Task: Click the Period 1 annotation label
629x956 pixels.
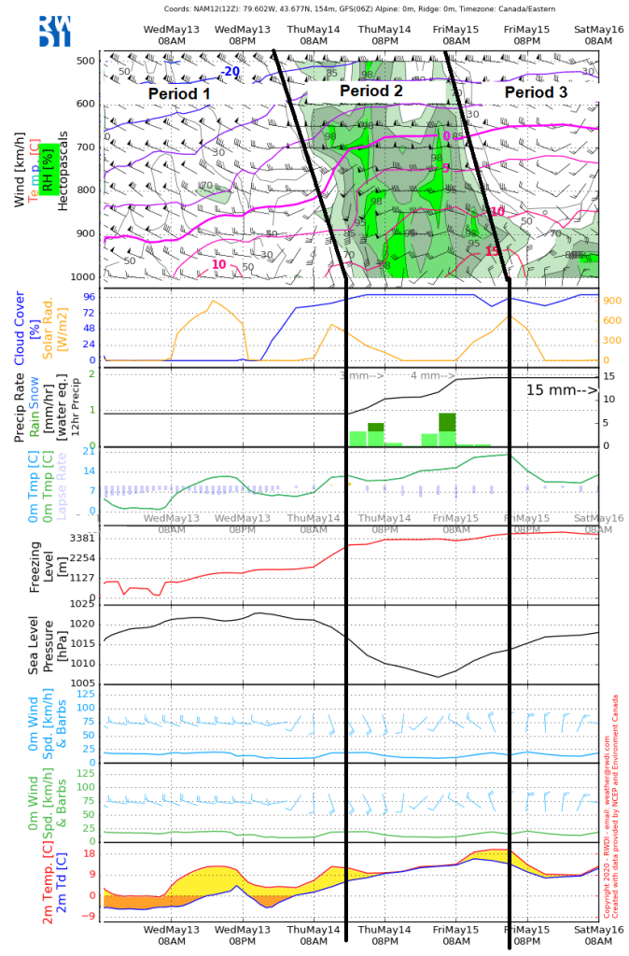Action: pos(179,94)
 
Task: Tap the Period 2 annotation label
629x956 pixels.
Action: pos(370,91)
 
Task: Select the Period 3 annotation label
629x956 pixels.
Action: pos(535,93)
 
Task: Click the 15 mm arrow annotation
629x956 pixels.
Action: pos(561,390)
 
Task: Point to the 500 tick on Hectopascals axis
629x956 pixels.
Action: pos(85,62)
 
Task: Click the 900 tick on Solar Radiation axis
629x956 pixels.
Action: pos(611,301)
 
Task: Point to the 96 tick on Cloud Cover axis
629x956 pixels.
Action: pos(90,297)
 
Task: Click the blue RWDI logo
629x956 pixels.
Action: pos(54,31)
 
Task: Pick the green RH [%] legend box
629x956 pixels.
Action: pos(45,167)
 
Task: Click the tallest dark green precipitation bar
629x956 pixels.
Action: pos(448,421)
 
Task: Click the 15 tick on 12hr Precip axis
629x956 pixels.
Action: pos(608,376)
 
